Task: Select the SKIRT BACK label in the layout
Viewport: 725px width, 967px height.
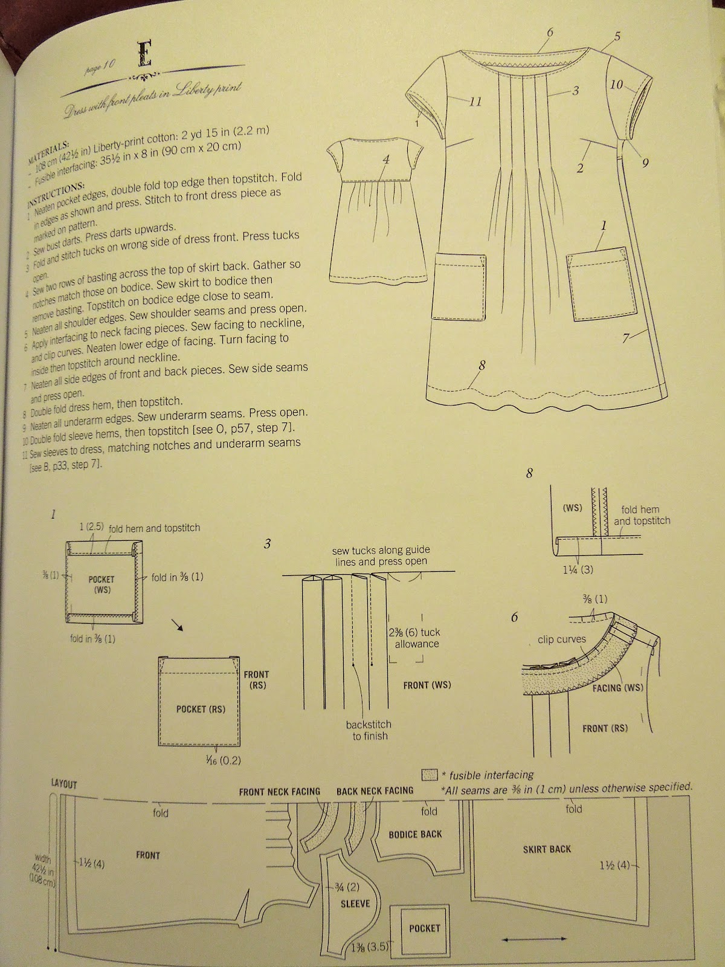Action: point(547,849)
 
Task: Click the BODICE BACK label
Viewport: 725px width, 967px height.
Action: point(415,834)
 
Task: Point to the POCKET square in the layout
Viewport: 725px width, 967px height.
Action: point(424,928)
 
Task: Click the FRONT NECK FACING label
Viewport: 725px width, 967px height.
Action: point(279,791)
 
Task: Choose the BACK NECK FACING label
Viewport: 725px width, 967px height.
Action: point(375,791)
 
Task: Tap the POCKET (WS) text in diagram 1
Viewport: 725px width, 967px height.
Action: point(101,584)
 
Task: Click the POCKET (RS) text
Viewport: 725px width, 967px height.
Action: point(201,708)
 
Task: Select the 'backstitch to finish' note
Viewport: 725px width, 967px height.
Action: point(369,730)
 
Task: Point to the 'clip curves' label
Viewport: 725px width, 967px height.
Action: point(562,639)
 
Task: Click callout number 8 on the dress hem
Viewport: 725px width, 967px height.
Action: point(482,365)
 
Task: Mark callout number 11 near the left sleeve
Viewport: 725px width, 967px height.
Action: point(475,102)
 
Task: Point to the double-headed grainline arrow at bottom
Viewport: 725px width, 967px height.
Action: point(534,939)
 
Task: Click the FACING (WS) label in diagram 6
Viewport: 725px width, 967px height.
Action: point(617,687)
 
